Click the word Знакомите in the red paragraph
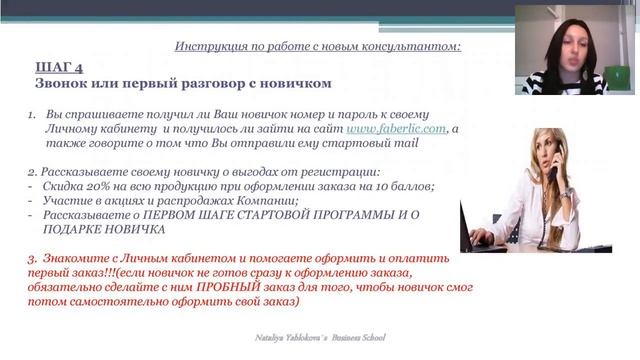coord(84,257)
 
